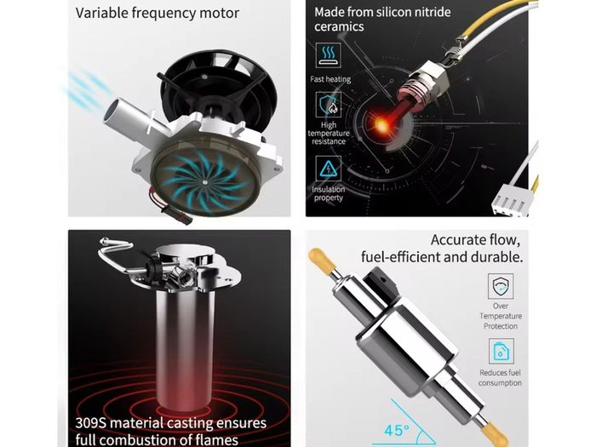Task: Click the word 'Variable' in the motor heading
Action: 102,13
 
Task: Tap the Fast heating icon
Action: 329,55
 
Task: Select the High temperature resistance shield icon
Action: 329,105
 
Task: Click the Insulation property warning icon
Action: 329,169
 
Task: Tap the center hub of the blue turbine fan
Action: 205,181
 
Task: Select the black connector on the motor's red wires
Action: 176,216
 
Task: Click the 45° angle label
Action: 397,430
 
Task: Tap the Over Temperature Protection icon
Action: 501,286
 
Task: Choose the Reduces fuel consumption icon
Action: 501,351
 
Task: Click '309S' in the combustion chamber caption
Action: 90,422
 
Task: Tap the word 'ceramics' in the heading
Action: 339,27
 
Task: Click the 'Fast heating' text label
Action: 330,79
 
